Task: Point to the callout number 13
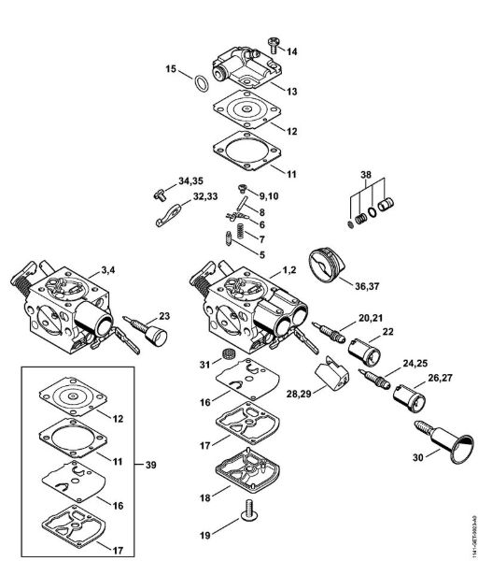[x=292, y=91]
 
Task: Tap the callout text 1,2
[x=288, y=269]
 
